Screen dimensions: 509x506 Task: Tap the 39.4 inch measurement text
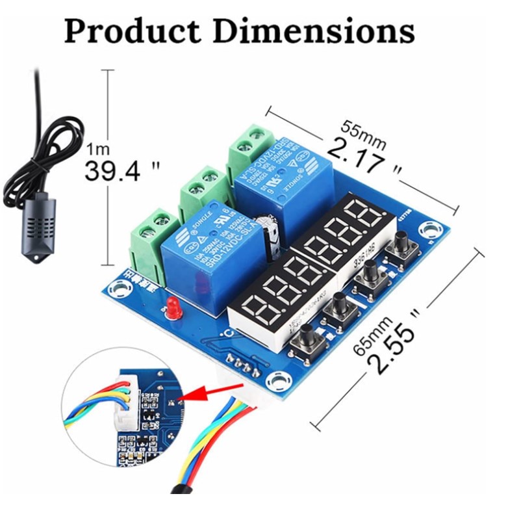[123, 170]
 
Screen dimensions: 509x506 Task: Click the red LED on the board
[173, 307]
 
